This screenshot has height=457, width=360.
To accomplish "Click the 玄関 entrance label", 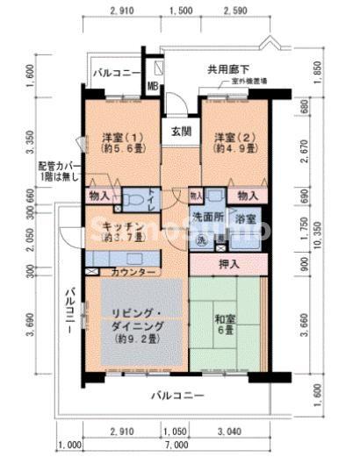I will tap(182, 132).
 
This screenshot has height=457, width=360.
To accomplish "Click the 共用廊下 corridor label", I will tap(227, 68).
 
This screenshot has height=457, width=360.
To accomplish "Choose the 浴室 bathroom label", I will tap(247, 218).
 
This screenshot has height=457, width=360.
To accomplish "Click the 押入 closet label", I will tap(229, 262).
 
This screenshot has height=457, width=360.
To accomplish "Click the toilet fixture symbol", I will tap(134, 201).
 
